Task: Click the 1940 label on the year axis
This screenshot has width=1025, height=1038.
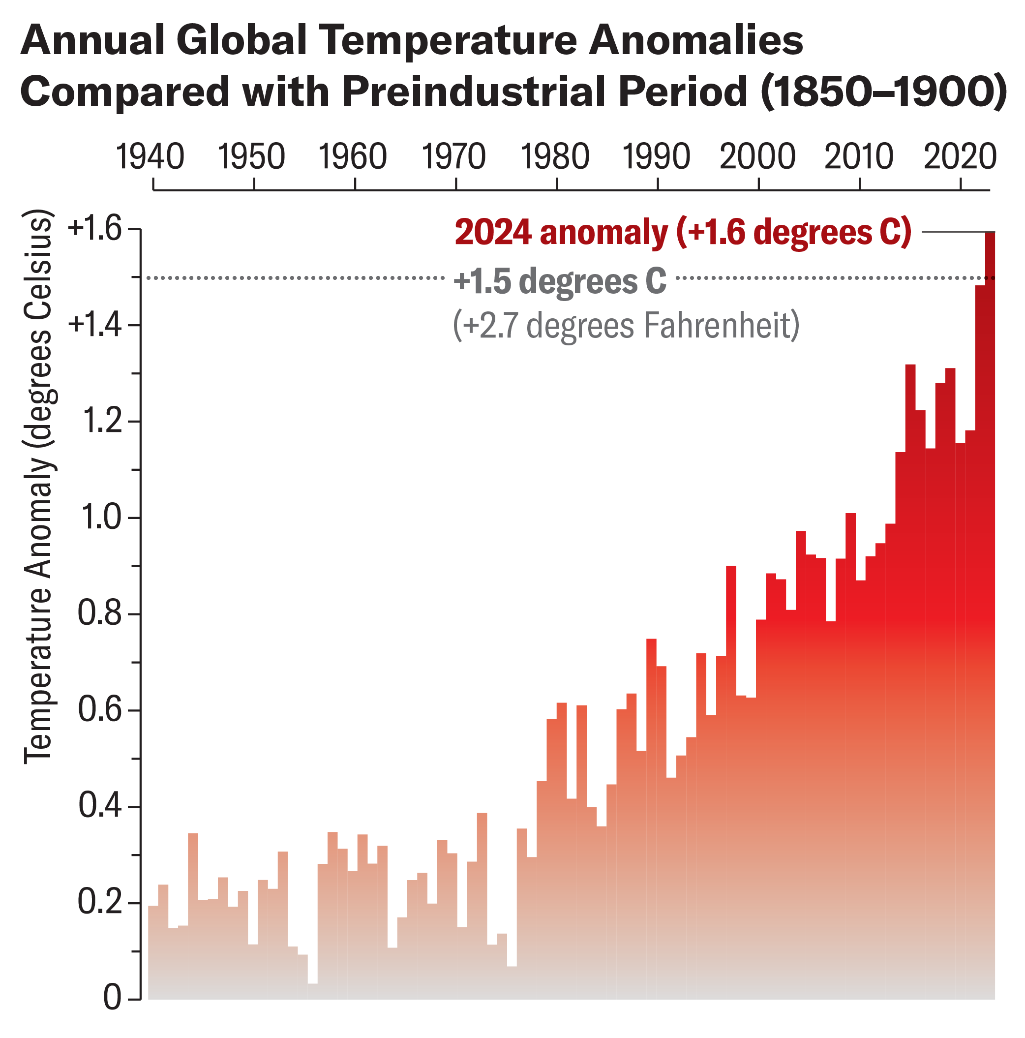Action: click(x=150, y=157)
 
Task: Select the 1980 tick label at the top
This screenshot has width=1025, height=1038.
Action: click(x=554, y=157)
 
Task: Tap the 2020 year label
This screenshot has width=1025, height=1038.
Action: click(x=960, y=157)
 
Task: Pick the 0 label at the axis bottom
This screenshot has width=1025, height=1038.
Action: click(x=112, y=998)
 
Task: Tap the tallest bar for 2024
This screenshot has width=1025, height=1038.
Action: click(x=989, y=591)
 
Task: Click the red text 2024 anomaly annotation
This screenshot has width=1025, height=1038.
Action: click(x=682, y=232)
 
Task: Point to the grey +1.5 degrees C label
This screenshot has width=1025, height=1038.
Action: click(x=559, y=280)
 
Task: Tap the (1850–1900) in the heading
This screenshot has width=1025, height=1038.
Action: click(x=883, y=92)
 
